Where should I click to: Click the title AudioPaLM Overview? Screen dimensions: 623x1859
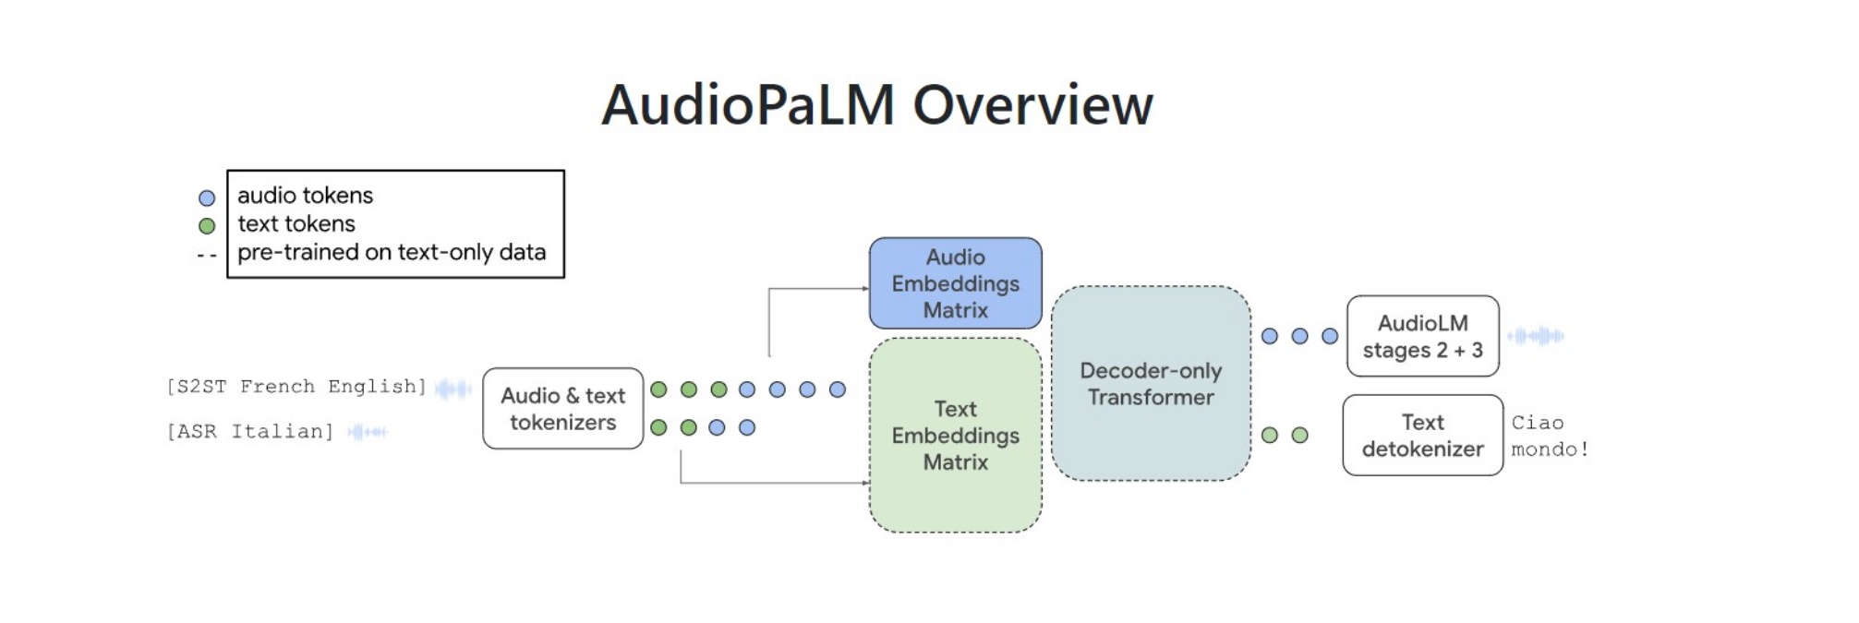click(876, 104)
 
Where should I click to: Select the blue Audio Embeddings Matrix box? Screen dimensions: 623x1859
click(955, 283)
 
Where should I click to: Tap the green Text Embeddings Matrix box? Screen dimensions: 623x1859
click(955, 435)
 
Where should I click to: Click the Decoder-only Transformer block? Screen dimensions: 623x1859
click(1150, 383)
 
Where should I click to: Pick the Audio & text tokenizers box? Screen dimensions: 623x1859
click(562, 408)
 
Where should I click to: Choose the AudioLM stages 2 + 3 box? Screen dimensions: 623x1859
click(1422, 336)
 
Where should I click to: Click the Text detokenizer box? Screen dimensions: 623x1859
click(1422, 435)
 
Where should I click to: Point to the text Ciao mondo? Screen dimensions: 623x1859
click(1549, 436)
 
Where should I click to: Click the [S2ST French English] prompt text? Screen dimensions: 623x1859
click(296, 387)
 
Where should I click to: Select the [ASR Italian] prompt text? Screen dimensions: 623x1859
click(249, 431)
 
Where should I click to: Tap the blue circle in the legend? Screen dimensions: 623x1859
click(207, 198)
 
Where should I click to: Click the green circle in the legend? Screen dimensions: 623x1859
click(207, 225)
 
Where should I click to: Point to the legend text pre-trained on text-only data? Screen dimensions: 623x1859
click(392, 252)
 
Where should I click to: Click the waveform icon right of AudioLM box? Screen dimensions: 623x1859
click(1536, 336)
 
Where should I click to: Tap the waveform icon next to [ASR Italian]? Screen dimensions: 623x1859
click(368, 431)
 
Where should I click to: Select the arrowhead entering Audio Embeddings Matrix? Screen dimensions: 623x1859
click(865, 289)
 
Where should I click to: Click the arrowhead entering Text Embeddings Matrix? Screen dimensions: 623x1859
click(865, 483)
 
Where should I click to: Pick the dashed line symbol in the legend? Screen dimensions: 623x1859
click(207, 255)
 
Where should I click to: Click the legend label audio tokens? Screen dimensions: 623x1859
click(305, 196)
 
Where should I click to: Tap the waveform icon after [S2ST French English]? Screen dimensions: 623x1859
click(453, 389)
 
